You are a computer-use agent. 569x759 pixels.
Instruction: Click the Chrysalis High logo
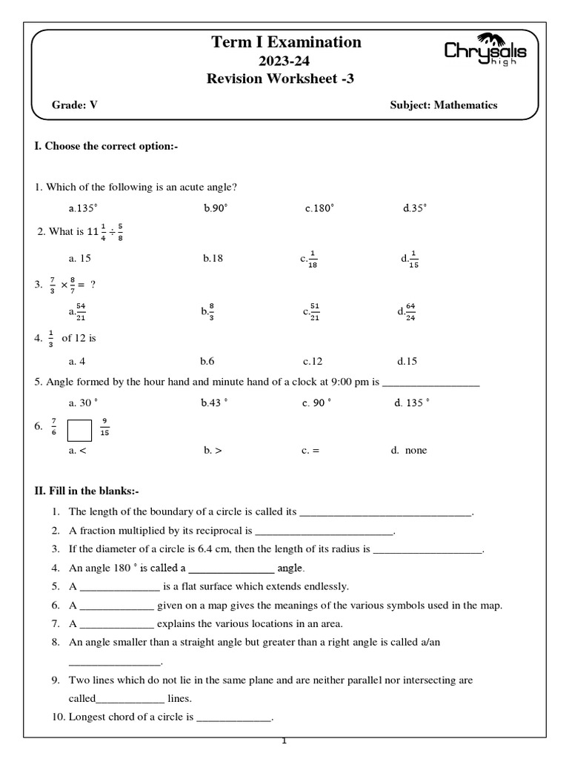pos(485,51)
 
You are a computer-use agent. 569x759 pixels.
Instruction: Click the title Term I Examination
pos(287,42)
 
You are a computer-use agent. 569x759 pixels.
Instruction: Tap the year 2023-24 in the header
pos(286,61)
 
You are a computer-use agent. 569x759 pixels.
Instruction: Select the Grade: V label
pos(74,105)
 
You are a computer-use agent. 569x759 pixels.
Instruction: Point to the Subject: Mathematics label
pos(443,105)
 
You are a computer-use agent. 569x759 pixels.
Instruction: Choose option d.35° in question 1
pos(415,208)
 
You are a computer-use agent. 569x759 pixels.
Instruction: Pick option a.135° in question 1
pos(83,208)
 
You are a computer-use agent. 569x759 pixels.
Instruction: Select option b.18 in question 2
pos(213,259)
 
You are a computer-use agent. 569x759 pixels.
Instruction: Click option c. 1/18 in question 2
pos(309,259)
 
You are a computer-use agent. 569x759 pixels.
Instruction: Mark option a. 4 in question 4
pos(77,362)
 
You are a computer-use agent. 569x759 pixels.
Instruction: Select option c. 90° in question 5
pos(316,404)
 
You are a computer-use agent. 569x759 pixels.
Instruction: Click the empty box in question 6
pos(79,430)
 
